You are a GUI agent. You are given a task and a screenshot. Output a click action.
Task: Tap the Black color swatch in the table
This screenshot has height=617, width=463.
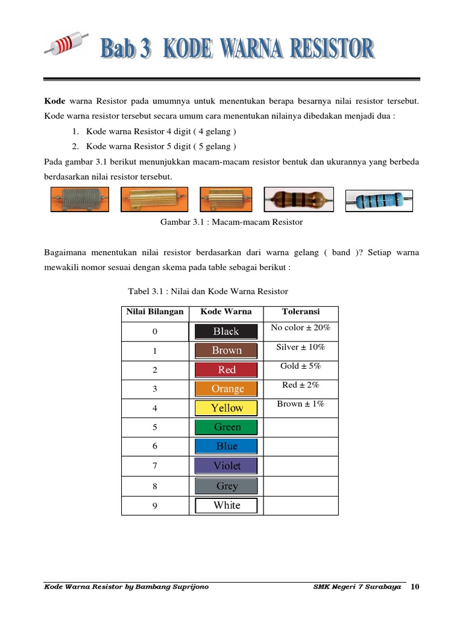tap(226, 331)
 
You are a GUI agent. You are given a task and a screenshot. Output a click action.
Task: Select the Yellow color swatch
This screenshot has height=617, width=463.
tap(226, 408)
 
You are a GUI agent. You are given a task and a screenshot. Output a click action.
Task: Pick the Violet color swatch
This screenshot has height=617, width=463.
tap(226, 466)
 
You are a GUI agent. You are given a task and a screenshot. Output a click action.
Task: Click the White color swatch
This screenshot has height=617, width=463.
tap(226, 506)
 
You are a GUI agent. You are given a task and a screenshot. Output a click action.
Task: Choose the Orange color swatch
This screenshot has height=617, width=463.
tap(226, 389)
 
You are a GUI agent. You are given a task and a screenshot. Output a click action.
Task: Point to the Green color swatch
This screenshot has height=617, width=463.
tap(226, 427)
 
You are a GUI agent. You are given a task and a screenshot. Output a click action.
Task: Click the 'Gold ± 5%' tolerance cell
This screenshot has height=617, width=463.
tap(300, 366)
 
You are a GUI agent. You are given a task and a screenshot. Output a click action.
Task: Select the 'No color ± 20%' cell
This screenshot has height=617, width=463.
tap(300, 328)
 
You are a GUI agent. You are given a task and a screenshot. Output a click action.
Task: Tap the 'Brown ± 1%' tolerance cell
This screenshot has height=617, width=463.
tap(300, 404)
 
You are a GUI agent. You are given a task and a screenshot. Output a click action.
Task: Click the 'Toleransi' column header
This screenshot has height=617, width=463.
tap(300, 312)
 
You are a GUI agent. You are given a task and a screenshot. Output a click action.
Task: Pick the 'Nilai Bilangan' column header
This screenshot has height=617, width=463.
tap(155, 312)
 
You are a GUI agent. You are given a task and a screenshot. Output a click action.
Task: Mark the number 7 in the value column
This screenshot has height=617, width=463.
tap(155, 466)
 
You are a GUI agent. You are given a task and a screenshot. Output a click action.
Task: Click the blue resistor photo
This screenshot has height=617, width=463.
tap(379, 199)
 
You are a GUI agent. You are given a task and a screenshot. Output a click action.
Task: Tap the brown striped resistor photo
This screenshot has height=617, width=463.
tap(298, 199)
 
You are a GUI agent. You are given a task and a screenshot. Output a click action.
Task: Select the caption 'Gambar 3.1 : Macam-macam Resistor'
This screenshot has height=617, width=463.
tap(231, 222)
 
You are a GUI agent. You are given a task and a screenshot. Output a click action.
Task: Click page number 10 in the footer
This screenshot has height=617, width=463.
tap(415, 587)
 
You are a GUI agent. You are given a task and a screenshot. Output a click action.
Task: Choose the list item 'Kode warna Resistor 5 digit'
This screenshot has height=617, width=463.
tap(161, 146)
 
